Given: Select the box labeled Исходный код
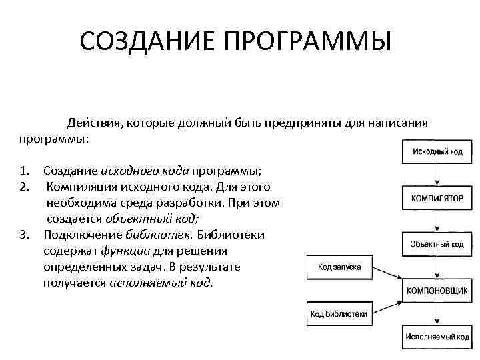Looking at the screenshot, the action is coord(437,151).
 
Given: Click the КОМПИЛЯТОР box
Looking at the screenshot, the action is coord(437,198).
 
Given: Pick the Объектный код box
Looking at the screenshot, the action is coord(437,244).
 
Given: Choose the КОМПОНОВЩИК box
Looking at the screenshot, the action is coord(437,291).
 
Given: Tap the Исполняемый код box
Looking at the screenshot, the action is coord(437,337).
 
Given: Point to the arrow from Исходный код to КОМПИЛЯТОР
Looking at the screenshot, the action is coord(437,175).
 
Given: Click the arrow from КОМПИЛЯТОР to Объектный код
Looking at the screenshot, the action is coord(437,221).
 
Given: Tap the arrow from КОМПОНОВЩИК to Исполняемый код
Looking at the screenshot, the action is coord(437,314).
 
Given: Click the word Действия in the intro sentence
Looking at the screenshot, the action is coord(91,123).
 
